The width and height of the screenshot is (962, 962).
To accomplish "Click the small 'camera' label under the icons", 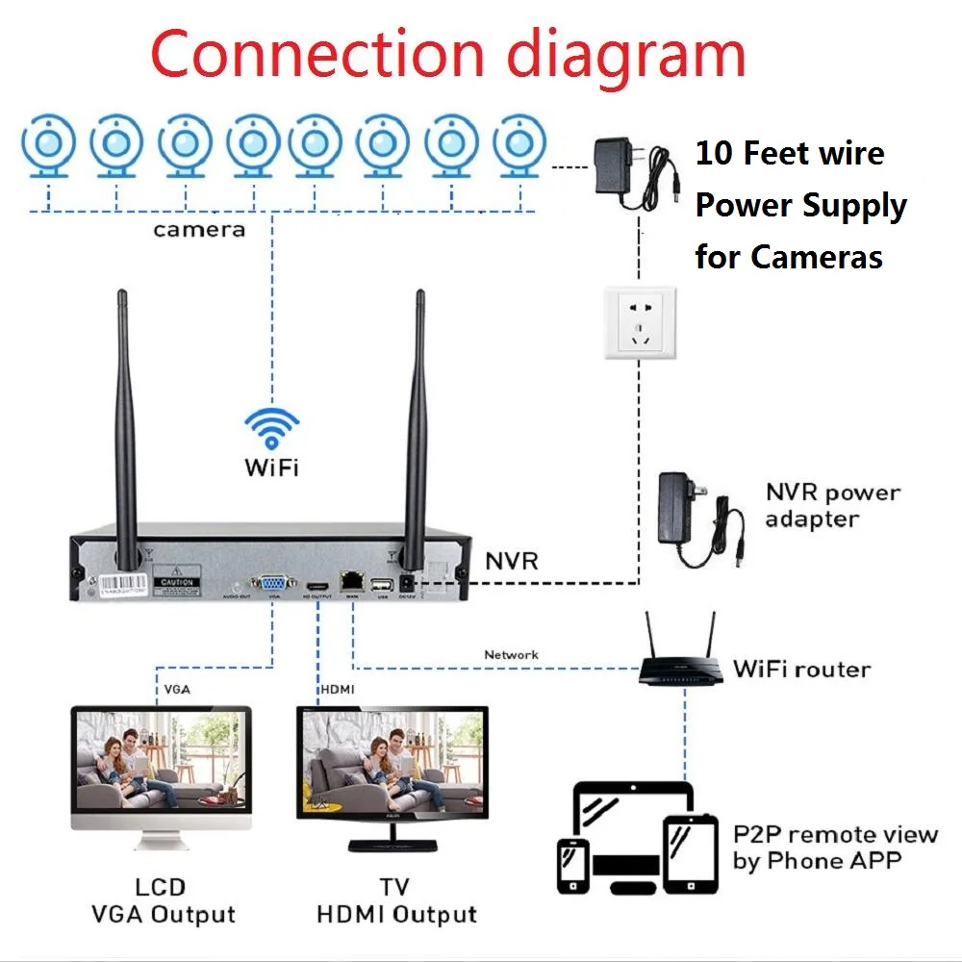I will click(x=199, y=230).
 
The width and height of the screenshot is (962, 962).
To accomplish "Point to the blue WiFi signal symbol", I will click(x=271, y=428).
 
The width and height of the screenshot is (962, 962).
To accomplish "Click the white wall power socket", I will click(x=639, y=323).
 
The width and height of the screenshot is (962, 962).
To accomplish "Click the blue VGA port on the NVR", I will click(x=272, y=583).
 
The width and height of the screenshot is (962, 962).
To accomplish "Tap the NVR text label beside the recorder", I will click(x=511, y=560).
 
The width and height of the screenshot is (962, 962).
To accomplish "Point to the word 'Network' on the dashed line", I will click(x=511, y=655).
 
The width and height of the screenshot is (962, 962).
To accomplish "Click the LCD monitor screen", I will click(x=161, y=755).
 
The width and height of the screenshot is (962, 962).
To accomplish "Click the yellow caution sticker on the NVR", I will click(x=178, y=582).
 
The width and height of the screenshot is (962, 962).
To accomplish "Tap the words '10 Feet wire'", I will click(x=789, y=154).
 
